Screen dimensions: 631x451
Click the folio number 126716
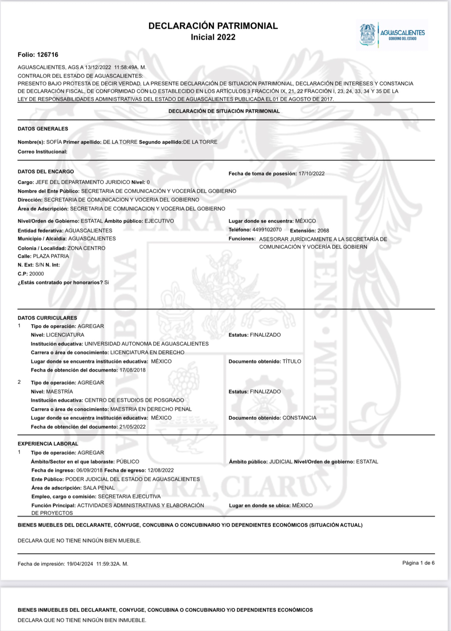click(47, 55)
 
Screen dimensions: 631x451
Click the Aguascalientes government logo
click(392, 35)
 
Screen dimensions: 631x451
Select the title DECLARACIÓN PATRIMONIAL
click(213, 26)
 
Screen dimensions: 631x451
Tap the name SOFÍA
click(54, 142)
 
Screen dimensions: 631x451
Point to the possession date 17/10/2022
click(311, 174)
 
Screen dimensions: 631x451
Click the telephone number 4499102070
click(267, 230)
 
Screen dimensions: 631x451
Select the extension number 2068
click(323, 231)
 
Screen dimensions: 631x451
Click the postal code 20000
click(37, 274)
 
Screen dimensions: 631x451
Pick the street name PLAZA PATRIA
click(51, 256)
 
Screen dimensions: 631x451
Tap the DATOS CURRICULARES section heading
click(47, 318)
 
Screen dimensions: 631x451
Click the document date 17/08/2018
click(132, 370)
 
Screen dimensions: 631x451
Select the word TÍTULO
click(292, 361)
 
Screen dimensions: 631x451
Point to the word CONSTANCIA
click(299, 418)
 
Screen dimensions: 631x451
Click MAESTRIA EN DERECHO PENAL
click(151, 409)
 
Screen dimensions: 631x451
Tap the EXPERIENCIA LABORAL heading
click(48, 444)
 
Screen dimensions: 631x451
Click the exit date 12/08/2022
click(160, 470)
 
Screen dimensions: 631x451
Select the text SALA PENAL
click(99, 488)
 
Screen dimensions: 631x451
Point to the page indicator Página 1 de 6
click(418, 563)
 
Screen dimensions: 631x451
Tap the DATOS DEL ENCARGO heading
click(46, 172)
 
